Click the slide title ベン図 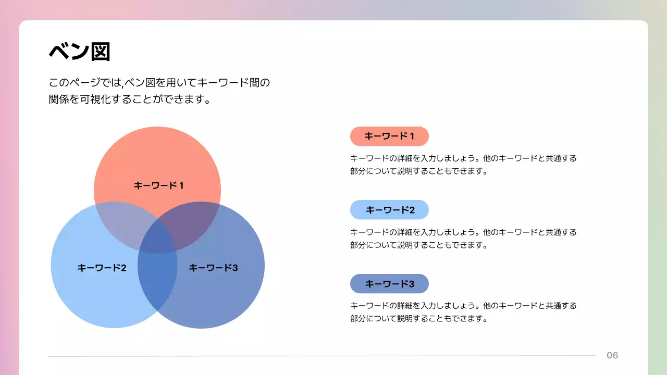click(79, 52)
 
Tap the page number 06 click(612, 356)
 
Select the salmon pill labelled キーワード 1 click(389, 136)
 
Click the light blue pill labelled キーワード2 click(389, 210)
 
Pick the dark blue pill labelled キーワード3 click(389, 284)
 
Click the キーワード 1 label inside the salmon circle click(158, 185)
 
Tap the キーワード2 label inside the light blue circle click(102, 268)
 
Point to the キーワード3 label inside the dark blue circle click(213, 268)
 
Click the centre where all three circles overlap click(158, 237)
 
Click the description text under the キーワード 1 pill click(463, 164)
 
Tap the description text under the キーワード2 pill click(463, 238)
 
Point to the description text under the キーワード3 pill click(463, 311)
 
